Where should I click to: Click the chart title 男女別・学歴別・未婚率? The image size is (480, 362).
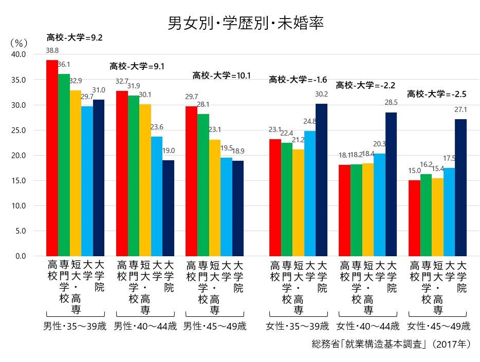point(246,24)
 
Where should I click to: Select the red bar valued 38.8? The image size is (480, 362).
point(52,158)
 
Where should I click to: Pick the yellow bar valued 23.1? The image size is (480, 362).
point(214,198)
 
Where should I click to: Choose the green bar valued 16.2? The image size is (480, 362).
point(426,215)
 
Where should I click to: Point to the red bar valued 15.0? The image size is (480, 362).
point(414,218)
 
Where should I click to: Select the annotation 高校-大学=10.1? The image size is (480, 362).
point(221,75)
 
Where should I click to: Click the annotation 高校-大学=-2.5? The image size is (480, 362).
point(436,94)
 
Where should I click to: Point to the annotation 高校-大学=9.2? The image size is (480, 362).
point(75,37)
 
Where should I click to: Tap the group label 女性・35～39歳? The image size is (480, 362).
point(298,326)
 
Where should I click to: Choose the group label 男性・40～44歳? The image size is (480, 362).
point(145,326)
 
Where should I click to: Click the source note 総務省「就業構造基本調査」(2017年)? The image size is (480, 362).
point(391,344)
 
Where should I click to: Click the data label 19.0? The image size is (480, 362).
point(168,151)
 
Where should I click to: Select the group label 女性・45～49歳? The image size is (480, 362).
point(438,326)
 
